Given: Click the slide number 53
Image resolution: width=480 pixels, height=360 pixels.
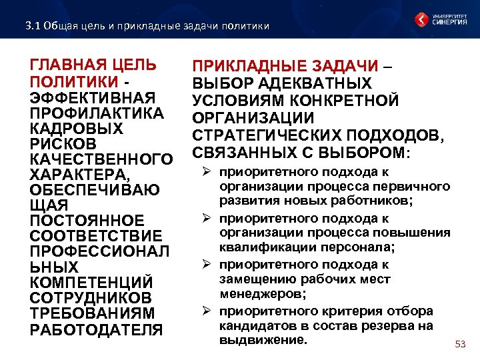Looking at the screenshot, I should pos(459,344).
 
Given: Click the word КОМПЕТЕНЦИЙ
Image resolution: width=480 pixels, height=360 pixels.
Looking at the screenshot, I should pos(92,282).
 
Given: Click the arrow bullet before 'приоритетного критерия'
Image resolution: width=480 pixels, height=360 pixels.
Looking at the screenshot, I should pos(207,311).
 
